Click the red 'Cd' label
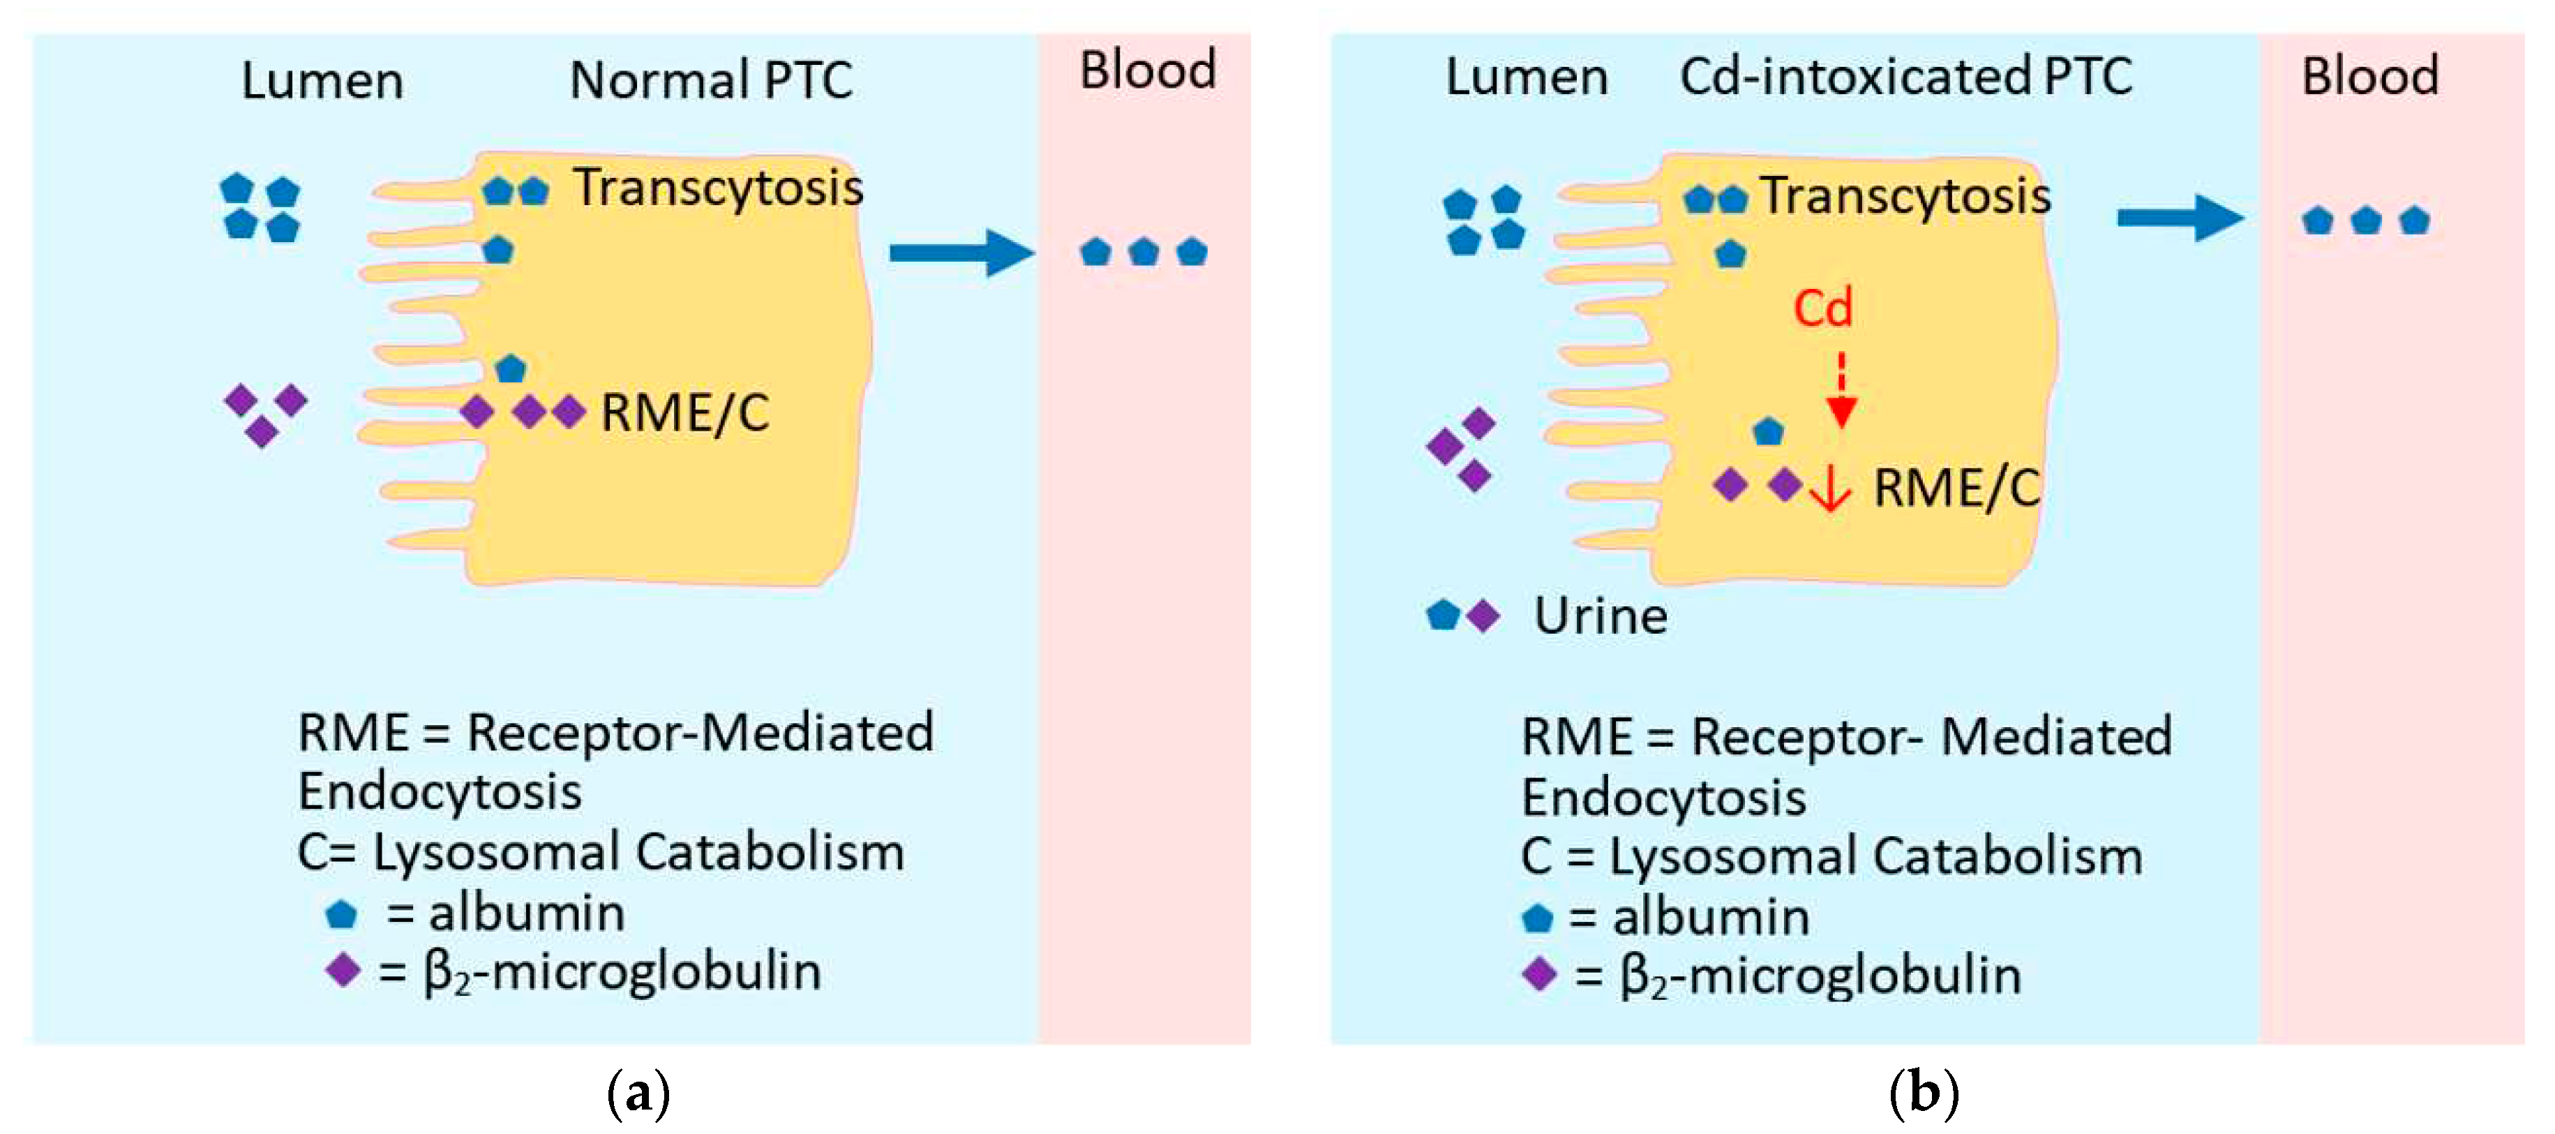tap(1823, 308)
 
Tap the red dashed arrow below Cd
tap(1841, 391)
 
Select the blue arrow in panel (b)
tap(2180, 217)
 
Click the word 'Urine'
tap(1601, 616)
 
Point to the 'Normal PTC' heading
tap(711, 80)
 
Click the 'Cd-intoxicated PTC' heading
tap(1905, 76)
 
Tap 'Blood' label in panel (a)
tap(1148, 70)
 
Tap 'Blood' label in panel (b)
tap(2369, 76)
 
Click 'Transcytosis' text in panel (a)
tap(718, 188)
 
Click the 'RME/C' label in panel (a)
tap(684, 412)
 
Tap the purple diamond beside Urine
tap(1483, 616)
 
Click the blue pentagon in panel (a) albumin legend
tap(341, 913)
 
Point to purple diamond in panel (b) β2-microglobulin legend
tap(1538, 974)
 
